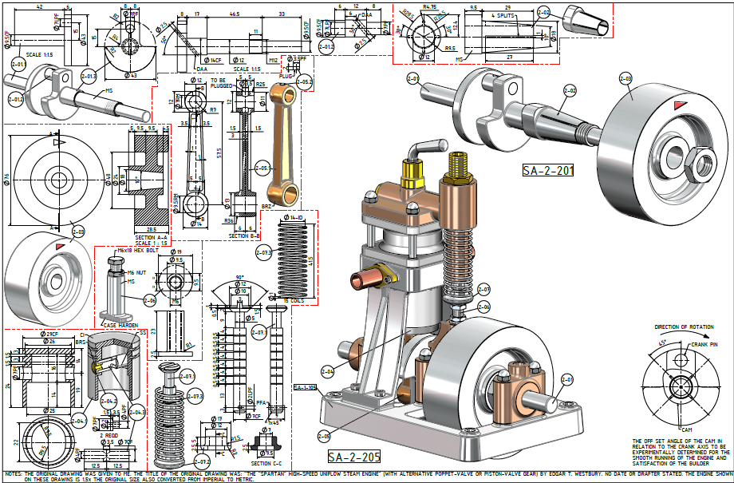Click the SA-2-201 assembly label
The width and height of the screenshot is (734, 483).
click(x=548, y=170)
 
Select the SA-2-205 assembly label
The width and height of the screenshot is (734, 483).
click(x=353, y=457)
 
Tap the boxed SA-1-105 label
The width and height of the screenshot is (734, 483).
click(x=305, y=388)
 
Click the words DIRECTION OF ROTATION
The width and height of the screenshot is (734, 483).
click(x=685, y=327)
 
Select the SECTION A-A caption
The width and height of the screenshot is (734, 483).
click(x=151, y=237)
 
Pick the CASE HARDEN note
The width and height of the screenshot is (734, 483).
click(x=120, y=325)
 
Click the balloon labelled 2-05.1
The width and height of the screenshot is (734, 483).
click(x=304, y=82)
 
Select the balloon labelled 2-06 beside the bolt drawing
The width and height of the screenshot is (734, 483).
click(x=149, y=301)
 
